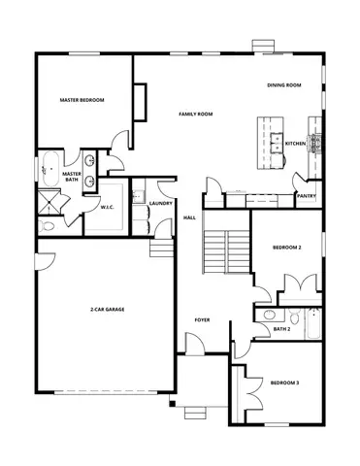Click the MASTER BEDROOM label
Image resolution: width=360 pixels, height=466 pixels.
[x=82, y=100]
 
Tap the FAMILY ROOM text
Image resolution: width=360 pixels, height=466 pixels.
[x=195, y=115]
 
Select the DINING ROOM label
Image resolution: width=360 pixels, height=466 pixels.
[x=284, y=85]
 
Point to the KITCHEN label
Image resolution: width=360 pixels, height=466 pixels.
[x=296, y=144]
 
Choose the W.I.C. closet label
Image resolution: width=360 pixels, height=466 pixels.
[x=108, y=206]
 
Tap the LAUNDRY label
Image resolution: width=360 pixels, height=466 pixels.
[x=161, y=203]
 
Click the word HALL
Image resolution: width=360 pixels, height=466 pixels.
[x=190, y=217]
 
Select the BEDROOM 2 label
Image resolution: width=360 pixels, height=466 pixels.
[x=286, y=249]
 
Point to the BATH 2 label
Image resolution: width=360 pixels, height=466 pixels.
[x=281, y=329]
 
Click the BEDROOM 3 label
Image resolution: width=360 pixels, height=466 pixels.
[x=284, y=383]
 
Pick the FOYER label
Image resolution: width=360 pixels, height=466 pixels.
[x=202, y=319]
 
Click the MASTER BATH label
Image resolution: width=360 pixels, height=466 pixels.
[x=72, y=178]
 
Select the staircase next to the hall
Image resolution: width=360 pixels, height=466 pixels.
[x=226, y=252]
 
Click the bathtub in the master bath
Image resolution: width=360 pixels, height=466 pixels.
[x=48, y=168]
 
